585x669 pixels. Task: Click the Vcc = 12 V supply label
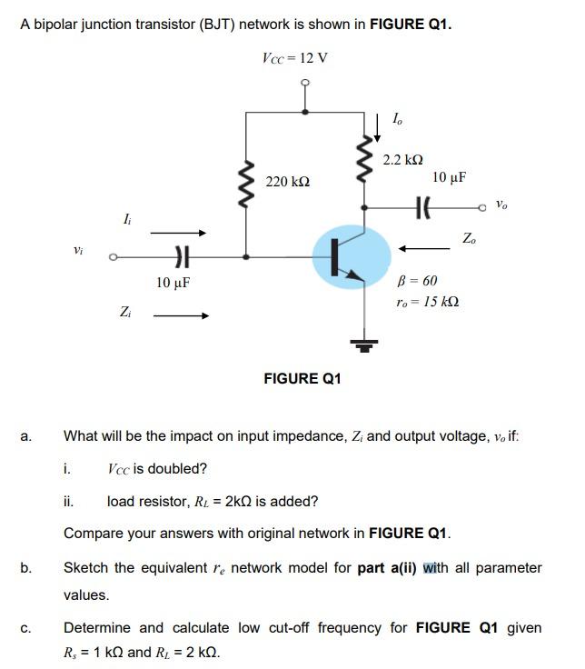294,58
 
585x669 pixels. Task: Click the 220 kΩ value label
287,183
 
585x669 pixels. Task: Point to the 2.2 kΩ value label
404,160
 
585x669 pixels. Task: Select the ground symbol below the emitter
364,344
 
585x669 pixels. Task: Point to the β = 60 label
418,281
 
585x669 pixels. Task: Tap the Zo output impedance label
469,239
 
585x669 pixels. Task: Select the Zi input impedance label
124,313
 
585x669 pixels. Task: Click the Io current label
397,118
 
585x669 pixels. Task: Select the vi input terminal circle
113,257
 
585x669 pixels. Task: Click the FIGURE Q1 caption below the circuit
302,378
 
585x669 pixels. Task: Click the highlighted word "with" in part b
437,567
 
